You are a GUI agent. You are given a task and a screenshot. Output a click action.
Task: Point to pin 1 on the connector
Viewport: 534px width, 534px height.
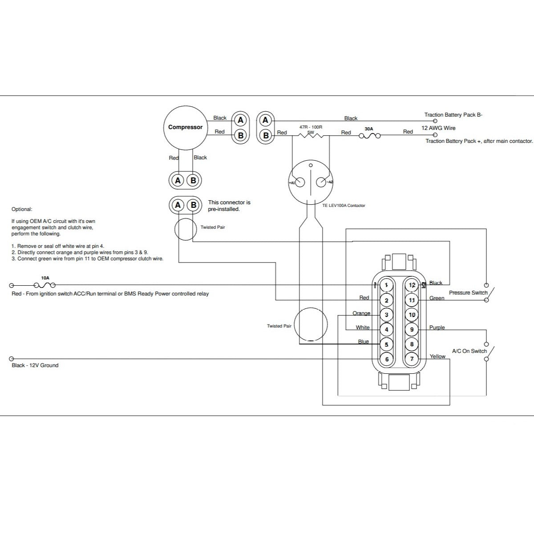386,285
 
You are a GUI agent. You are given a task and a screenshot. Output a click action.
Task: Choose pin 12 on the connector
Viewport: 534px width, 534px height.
412,285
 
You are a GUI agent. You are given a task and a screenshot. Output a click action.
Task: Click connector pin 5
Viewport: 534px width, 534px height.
386,344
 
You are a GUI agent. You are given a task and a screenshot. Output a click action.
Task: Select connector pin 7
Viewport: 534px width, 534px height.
412,359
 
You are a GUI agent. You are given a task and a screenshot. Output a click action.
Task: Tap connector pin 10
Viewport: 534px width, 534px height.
412,315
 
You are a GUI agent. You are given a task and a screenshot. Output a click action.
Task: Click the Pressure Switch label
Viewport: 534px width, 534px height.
468,293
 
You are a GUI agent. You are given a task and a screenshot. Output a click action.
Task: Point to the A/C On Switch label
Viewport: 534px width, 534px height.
469,351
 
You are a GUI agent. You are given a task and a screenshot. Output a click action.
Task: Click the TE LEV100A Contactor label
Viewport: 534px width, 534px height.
344,206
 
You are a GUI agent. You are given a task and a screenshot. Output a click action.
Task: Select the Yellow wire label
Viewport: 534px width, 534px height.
437,356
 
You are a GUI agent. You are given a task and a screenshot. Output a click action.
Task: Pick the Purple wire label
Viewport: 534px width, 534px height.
437,328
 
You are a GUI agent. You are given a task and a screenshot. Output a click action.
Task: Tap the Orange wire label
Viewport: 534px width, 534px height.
361,313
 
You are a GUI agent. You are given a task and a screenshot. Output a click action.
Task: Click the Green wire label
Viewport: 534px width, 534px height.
437,298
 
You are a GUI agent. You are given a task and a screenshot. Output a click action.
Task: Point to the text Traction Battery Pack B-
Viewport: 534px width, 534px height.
453,115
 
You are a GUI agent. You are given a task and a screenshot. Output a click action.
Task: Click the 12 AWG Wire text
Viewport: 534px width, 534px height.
438,128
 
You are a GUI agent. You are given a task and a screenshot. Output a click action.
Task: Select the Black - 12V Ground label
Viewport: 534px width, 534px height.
35,365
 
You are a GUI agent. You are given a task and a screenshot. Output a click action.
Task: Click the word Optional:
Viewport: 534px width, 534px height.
22,209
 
